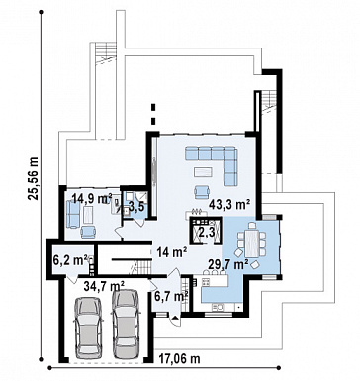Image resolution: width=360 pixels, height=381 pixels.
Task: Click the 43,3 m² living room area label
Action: [228, 205]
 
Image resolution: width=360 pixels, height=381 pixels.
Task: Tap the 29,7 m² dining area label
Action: [228, 264]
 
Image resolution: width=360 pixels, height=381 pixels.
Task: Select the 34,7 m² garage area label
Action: [104, 285]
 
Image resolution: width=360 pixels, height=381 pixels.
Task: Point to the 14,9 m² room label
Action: [92, 199]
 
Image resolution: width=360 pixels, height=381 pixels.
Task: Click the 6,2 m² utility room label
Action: [70, 260]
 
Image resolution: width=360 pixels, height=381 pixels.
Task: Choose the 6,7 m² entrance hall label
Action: [171, 296]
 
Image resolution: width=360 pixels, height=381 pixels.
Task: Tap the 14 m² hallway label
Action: [172, 252]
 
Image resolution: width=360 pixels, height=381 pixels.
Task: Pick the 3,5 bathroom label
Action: [135, 208]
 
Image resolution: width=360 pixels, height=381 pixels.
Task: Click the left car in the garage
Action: [88, 328]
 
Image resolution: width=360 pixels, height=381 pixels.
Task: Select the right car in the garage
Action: [125, 325]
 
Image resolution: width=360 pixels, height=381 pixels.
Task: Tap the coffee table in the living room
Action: [205, 172]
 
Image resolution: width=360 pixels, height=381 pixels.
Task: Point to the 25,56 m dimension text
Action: [34, 179]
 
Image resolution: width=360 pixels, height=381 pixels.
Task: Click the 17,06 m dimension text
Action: [180, 358]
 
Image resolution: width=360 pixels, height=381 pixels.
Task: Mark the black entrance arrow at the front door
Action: [175, 319]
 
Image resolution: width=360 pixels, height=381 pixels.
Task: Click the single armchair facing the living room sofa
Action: [202, 192]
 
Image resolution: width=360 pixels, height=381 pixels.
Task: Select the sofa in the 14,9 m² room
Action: [73, 214]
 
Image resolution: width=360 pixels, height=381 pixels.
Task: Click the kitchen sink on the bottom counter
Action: [218, 308]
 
